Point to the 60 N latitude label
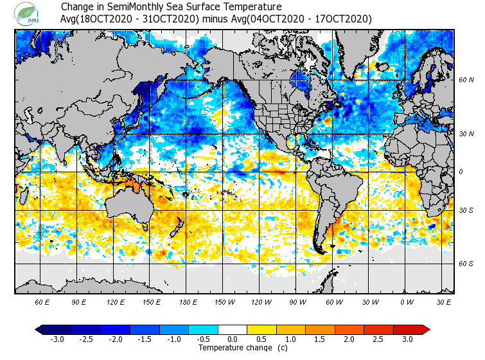point(466,80)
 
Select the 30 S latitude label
point(466,211)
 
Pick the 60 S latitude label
point(466,264)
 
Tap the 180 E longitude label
point(188,301)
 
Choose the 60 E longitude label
point(42,301)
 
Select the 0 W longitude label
point(407,301)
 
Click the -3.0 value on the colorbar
point(57,339)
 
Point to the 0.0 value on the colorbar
point(233,339)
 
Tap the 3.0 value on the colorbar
point(407,339)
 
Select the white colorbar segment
point(233,330)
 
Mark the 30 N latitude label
point(466,134)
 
